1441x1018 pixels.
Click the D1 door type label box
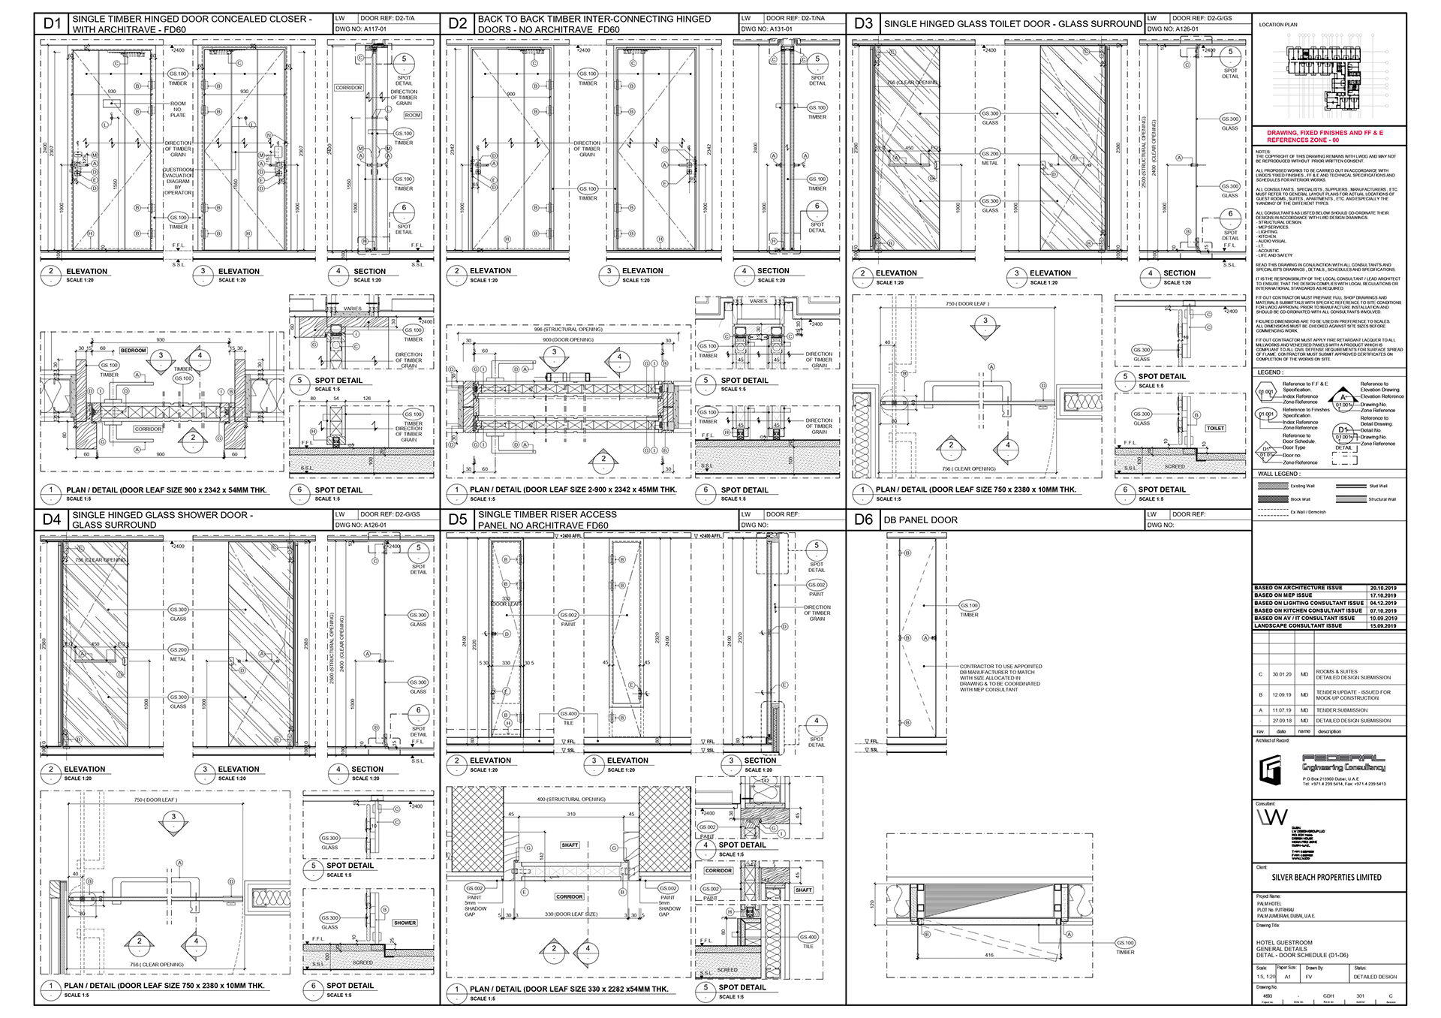(52, 23)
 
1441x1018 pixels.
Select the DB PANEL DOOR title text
(920, 520)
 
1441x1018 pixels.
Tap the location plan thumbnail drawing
(1324, 75)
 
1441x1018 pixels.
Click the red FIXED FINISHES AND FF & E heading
(1325, 136)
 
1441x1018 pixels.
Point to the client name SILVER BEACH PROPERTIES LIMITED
(1326, 877)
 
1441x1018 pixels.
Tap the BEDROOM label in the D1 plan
(133, 351)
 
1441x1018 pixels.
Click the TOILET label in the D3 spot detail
(1215, 428)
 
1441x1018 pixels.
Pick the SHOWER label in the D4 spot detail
(405, 923)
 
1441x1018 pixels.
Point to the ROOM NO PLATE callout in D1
(178, 109)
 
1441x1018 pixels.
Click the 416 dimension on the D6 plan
(989, 955)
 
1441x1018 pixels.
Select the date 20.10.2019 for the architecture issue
(1382, 588)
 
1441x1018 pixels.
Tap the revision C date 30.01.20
(1281, 674)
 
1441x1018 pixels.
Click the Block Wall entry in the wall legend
(1300, 499)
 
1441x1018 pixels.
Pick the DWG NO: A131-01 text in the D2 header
(766, 29)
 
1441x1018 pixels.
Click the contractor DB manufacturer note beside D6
(1000, 677)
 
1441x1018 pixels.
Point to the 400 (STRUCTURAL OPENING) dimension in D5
(570, 800)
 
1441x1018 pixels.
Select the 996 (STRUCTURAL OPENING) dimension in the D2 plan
(568, 329)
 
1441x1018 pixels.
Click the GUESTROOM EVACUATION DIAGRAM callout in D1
(178, 181)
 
